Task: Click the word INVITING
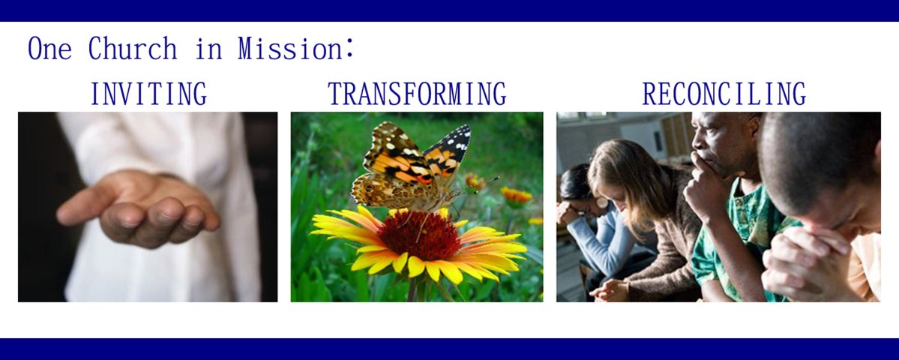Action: [148, 94]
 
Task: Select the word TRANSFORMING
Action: [417, 94]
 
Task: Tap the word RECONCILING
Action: [724, 94]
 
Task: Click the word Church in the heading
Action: [133, 49]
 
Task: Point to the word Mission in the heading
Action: [290, 49]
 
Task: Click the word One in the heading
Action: [50, 49]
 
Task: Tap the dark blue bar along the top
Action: [450, 11]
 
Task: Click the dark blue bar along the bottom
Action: [450, 349]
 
